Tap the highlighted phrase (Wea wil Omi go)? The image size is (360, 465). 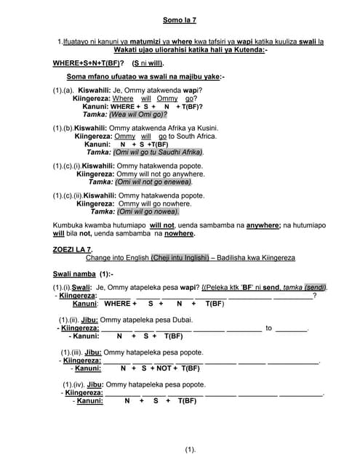pos(137,114)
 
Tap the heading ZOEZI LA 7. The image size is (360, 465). pos(73,249)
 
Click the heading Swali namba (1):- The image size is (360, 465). pos(83,274)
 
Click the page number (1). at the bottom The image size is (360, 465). pos(190,450)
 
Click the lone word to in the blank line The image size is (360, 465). pos(268,328)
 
